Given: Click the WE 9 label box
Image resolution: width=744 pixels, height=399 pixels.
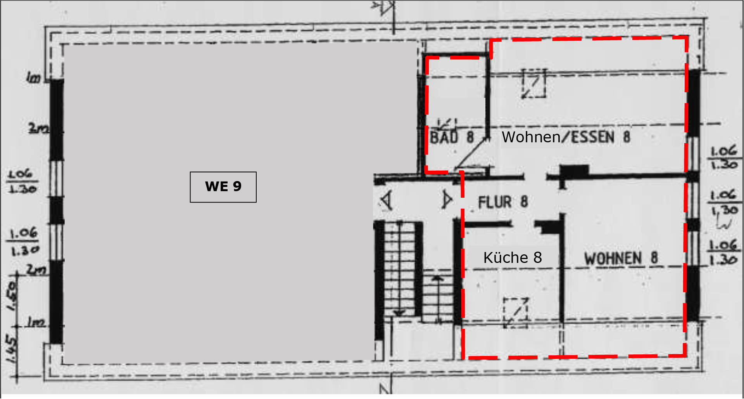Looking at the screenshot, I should (x=223, y=187).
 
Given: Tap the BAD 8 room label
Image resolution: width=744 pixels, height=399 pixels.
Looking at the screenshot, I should (x=452, y=137).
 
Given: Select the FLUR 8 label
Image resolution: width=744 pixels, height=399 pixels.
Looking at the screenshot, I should (x=502, y=202).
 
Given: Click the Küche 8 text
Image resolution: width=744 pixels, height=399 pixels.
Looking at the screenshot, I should (x=512, y=257).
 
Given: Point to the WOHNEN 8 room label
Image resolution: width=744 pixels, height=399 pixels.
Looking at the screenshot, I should (x=621, y=258).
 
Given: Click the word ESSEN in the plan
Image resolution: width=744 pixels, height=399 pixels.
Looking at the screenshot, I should (x=593, y=137).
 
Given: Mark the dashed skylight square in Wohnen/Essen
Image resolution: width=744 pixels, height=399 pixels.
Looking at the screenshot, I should (x=534, y=83).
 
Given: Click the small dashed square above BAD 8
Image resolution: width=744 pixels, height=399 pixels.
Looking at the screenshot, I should (x=447, y=124).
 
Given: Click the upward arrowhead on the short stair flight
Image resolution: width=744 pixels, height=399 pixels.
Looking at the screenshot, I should (x=438, y=278).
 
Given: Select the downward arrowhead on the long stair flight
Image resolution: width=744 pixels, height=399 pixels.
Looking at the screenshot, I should (x=399, y=312).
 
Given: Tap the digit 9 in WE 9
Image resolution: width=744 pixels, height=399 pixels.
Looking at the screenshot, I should (x=237, y=187).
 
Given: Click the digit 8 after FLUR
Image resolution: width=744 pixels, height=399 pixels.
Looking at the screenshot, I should (x=524, y=202).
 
